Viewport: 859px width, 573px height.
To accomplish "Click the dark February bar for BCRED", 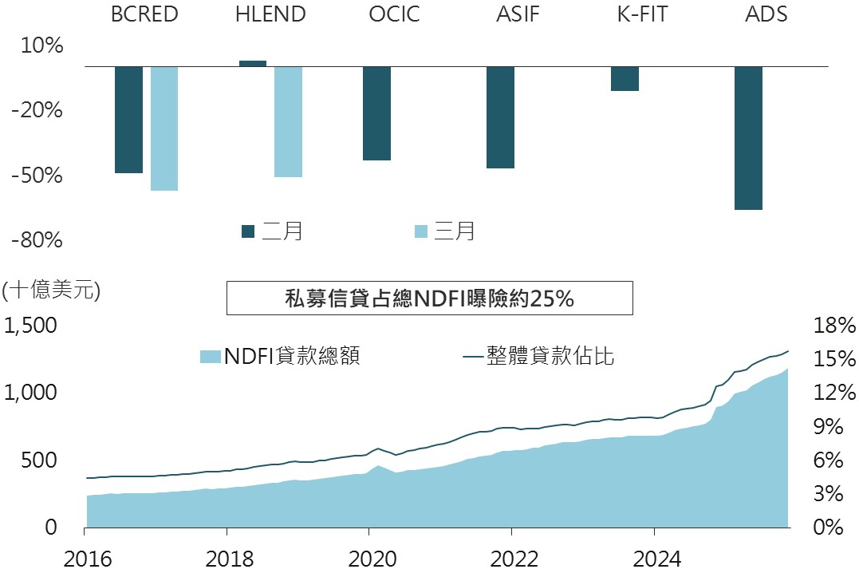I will [x=128, y=119].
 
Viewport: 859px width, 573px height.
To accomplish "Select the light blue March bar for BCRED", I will [x=164, y=128].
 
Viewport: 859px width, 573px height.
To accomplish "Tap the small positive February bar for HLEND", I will [x=253, y=64].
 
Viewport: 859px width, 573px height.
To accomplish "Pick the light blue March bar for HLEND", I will [x=288, y=121].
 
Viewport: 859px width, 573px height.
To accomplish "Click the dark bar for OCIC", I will [x=376, y=113].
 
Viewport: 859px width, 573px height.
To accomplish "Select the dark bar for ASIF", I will [x=500, y=117].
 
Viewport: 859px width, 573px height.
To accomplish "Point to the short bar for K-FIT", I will [x=625, y=78].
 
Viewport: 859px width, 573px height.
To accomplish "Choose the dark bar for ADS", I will [x=748, y=137].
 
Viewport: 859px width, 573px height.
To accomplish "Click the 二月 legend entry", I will [x=272, y=231].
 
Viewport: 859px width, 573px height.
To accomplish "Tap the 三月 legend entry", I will [x=444, y=231].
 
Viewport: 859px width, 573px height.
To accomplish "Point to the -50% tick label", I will [x=37, y=176].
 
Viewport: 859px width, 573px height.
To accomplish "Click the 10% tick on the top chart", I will [x=41, y=46].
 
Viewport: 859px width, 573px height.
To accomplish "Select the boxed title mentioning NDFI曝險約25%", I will [x=429, y=298].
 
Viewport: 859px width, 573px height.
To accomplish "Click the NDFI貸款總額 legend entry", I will [x=280, y=357].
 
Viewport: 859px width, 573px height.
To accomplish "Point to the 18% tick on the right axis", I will [x=833, y=326].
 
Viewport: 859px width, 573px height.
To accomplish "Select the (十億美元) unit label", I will [x=51, y=290].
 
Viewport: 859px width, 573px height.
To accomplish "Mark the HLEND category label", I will [x=270, y=14].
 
